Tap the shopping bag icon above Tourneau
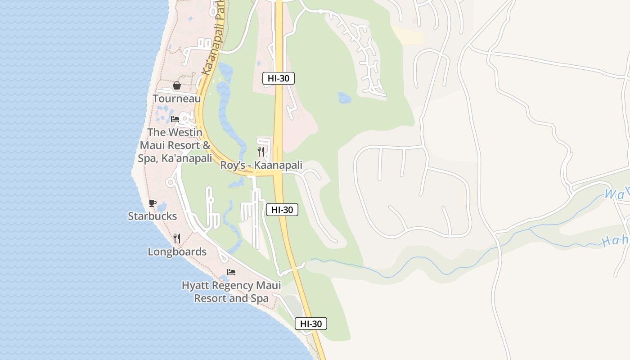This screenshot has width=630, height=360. click(x=177, y=85)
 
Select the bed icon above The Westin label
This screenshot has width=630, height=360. click(x=175, y=119)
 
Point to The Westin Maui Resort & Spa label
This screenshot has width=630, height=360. click(x=175, y=145)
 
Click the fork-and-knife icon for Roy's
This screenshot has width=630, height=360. click(x=261, y=151)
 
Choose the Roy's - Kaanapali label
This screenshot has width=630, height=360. click(x=261, y=165)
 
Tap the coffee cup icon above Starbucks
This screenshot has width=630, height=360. click(x=153, y=203)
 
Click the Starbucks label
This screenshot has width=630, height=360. click(x=153, y=216)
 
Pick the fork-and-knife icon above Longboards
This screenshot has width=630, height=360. click(x=177, y=238)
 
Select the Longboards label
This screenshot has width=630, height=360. click(x=177, y=252)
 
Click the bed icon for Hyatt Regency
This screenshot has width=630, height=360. click(x=231, y=272)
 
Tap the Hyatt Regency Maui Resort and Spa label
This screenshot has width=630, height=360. click(x=231, y=292)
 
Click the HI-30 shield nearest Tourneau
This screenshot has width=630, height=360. click(x=279, y=78)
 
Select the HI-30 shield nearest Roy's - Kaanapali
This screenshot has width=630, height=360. click(x=282, y=209)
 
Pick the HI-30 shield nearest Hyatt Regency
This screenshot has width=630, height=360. click(x=311, y=324)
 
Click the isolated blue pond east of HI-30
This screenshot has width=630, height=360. click(x=344, y=98)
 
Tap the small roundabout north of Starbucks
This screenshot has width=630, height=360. click(x=171, y=182)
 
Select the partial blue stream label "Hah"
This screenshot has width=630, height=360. click(x=616, y=241)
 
